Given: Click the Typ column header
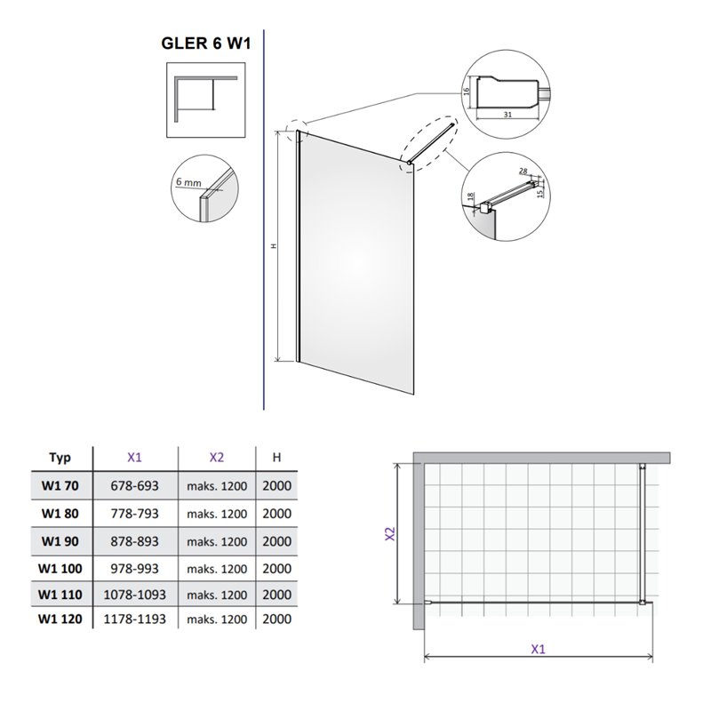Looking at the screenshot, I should pos(60,458).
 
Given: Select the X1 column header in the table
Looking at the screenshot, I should pos(134,458).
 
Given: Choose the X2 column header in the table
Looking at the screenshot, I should pos(216,458).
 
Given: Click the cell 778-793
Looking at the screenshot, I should pos(134,514).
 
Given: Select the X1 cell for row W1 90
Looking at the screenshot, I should pos(134,541).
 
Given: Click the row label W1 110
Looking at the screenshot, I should pos(60,593).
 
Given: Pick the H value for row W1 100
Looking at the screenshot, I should pos(276,568).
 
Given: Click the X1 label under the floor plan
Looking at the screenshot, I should pos(539,649).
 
